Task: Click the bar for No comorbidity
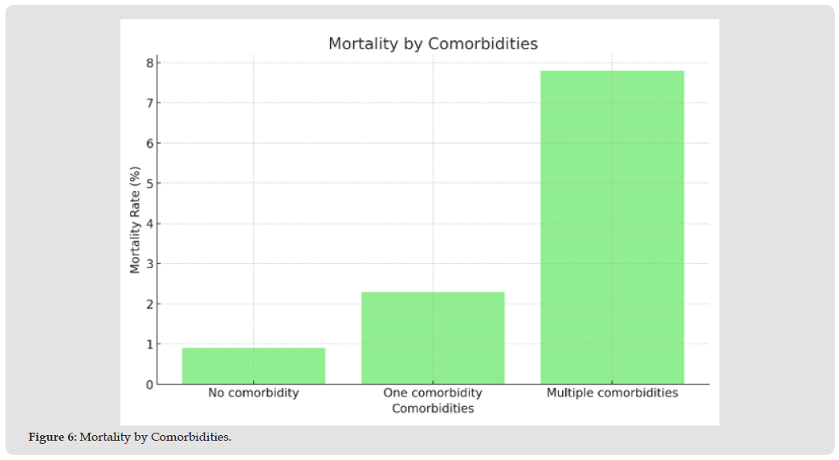click(x=254, y=365)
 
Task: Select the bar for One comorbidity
click(x=433, y=337)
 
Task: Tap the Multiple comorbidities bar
click(x=612, y=227)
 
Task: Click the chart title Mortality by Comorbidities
click(x=433, y=44)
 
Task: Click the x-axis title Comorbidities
click(x=433, y=409)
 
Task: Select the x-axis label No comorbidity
click(x=254, y=393)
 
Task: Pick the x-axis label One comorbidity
click(x=433, y=393)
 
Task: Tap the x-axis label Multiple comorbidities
click(x=612, y=393)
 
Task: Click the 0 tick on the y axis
click(x=149, y=385)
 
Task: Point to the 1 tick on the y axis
click(x=149, y=344)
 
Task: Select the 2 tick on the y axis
click(x=149, y=304)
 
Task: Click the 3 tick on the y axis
click(x=149, y=264)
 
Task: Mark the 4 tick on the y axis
click(x=149, y=224)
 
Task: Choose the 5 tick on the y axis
click(x=149, y=183)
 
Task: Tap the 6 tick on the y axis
click(x=149, y=143)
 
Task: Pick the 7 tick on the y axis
click(x=149, y=103)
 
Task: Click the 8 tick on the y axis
click(x=149, y=63)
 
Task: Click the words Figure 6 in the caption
click(x=51, y=438)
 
